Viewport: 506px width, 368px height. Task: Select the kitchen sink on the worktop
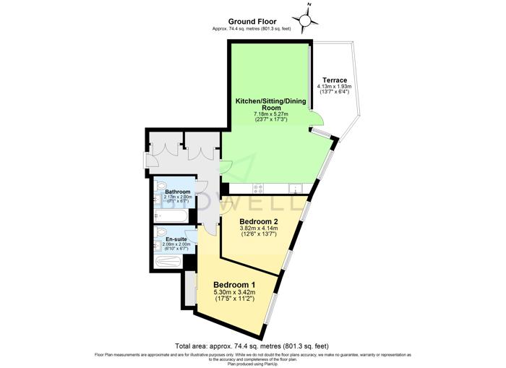(296, 189)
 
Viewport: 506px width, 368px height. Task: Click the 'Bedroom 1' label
(234, 284)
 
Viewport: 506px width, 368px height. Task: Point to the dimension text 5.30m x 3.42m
(234, 293)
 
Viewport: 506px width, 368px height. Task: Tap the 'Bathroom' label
(177, 192)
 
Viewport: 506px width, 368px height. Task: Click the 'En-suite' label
(177, 239)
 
